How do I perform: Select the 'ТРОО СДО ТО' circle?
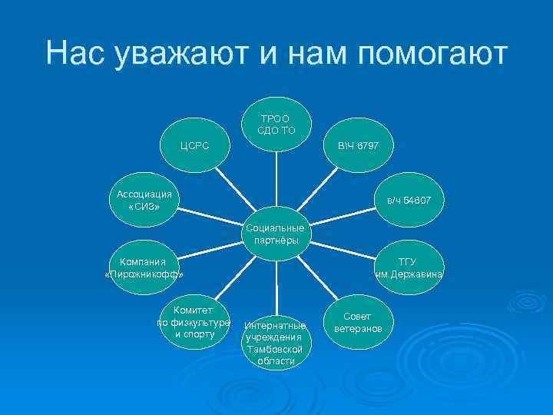point(275,124)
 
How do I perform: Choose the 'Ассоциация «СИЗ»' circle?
point(144,199)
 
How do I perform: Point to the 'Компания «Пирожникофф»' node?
point(144,268)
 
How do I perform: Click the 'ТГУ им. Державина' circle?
point(408,268)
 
